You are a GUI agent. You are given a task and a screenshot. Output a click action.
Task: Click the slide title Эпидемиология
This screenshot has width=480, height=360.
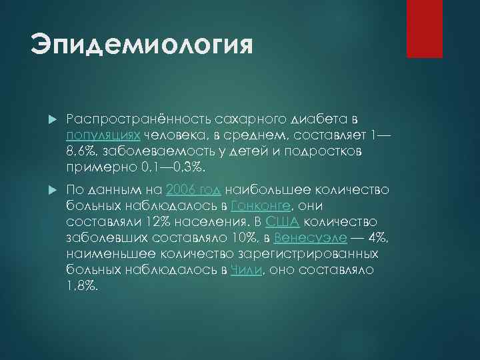[x=142, y=47]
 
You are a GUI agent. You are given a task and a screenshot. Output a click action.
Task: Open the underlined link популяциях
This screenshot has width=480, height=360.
[x=102, y=135]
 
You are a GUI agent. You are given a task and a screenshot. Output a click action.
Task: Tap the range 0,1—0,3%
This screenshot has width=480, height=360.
[x=178, y=167]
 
